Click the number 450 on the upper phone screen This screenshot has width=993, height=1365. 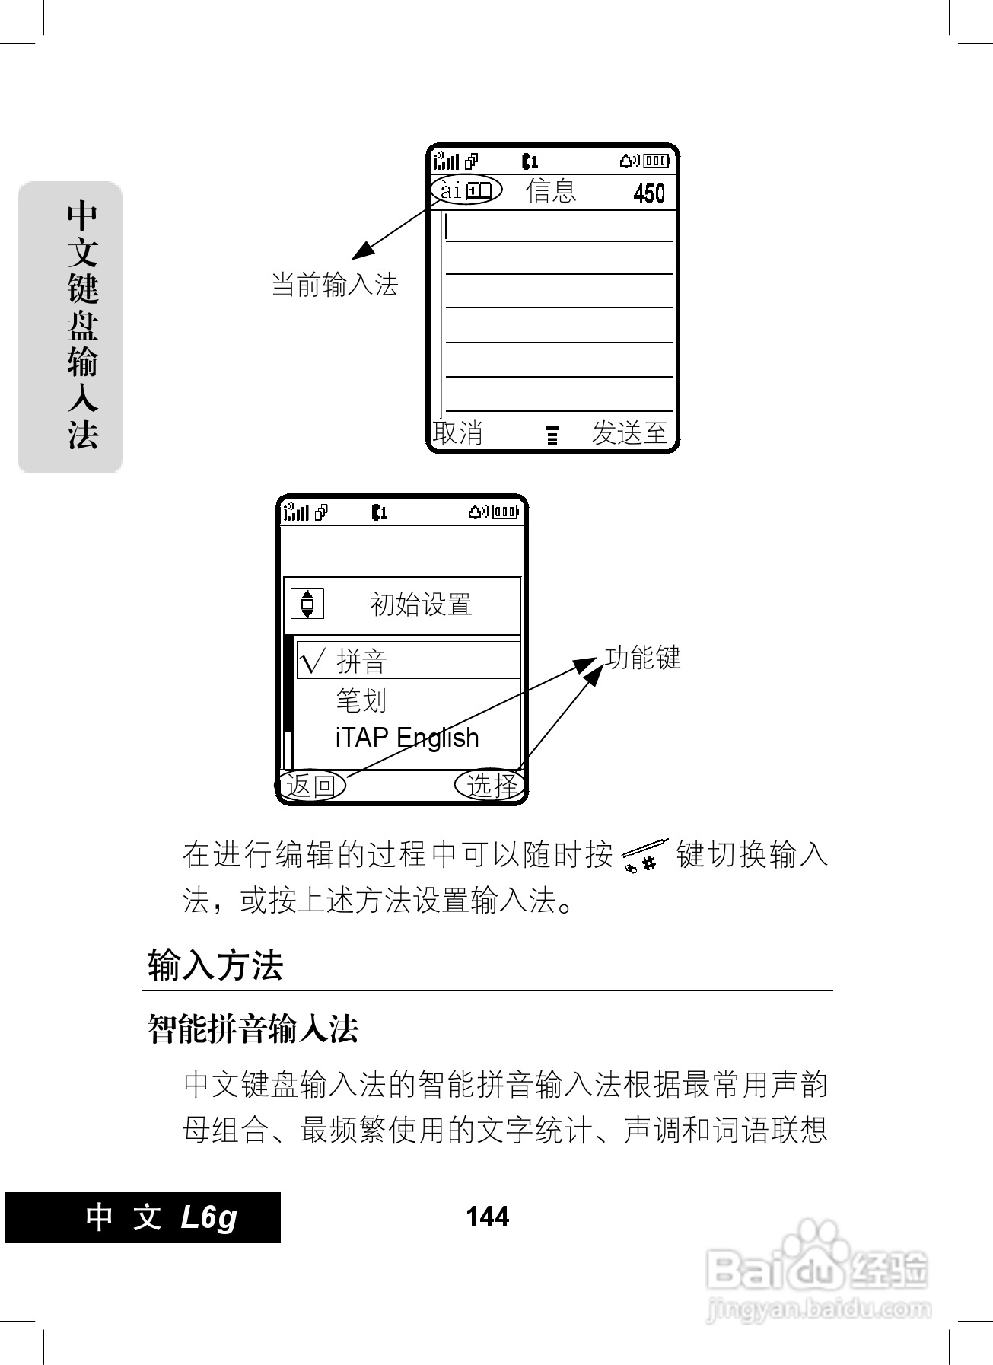pyautogui.click(x=648, y=193)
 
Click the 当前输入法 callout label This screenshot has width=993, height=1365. pyautogui.click(x=335, y=285)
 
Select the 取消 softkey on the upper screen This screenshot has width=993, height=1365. pyautogui.click(x=458, y=433)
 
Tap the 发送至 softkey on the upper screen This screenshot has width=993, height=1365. pyautogui.click(x=629, y=433)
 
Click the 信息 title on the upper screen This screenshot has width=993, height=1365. pyautogui.click(x=551, y=190)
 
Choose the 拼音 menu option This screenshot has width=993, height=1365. pyautogui.click(x=361, y=661)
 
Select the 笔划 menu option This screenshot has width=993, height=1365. pyautogui.click(x=361, y=700)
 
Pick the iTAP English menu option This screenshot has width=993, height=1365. pyautogui.click(x=407, y=738)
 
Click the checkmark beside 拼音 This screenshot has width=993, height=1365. pyautogui.click(x=313, y=660)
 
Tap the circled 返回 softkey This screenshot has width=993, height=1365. pyautogui.click(x=311, y=785)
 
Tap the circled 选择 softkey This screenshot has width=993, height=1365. pyautogui.click(x=492, y=785)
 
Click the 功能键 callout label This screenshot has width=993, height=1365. pyautogui.click(x=642, y=658)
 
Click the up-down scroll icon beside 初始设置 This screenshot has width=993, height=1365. pyautogui.click(x=307, y=604)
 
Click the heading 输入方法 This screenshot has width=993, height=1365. pyautogui.click(x=215, y=966)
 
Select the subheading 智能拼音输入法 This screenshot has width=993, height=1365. pyautogui.click(x=253, y=1029)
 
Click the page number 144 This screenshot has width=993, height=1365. pyautogui.click(x=487, y=1217)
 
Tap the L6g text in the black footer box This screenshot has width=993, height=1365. pyautogui.click(x=209, y=1217)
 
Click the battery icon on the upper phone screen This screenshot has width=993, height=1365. pyautogui.click(x=657, y=161)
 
